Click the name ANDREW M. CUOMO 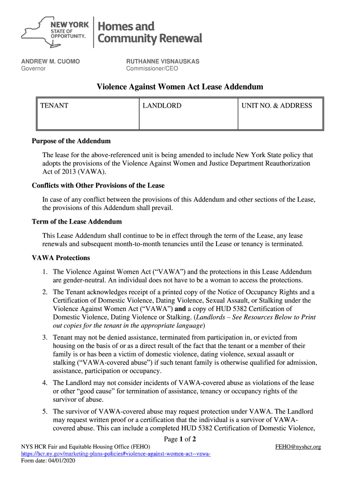click(50, 61)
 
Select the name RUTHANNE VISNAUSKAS click(163, 61)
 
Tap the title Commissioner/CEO click(152, 69)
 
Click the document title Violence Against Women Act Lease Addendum click(180, 87)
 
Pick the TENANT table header click(54, 106)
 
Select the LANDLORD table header click(162, 106)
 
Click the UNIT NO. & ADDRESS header click(276, 106)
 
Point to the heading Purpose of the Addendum click(71, 141)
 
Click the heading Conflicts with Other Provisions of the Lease click(98, 185)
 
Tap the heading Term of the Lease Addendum click(77, 221)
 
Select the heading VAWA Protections click(61, 258)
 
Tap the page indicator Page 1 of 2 click(180, 439)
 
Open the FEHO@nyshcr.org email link click(298, 447)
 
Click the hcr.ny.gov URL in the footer click(116, 454)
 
